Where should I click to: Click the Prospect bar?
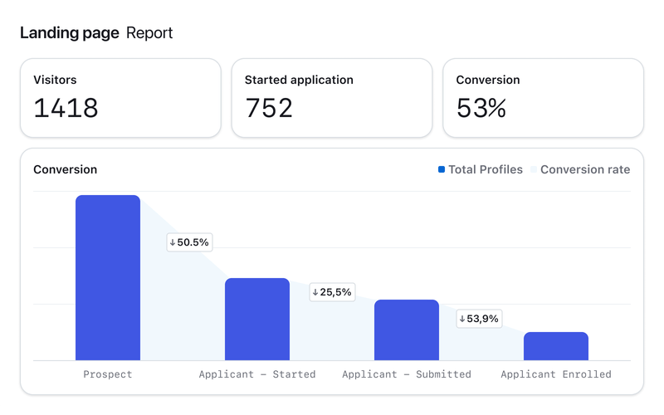pos(108,277)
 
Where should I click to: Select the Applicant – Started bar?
pos(257,319)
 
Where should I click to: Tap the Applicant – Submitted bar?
pos(407,330)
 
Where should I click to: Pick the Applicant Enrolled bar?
pos(556,346)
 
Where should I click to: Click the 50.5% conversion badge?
pos(189,242)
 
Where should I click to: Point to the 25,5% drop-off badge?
pos(332,292)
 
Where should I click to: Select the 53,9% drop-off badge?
pos(480,319)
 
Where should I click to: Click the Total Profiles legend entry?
pos(481,169)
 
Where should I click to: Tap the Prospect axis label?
pos(108,374)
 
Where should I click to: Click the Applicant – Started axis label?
pos(257,374)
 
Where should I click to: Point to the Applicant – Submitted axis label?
pos(407,374)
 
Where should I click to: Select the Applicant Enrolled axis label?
pos(556,374)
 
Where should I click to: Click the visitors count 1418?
pos(66,108)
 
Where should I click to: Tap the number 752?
pos(269,108)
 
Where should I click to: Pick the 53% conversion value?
pos(481,108)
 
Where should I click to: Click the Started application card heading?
pos(299,80)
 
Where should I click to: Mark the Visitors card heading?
pos(55,80)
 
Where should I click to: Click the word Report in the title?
pos(149,33)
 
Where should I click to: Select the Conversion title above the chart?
pos(65,169)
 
